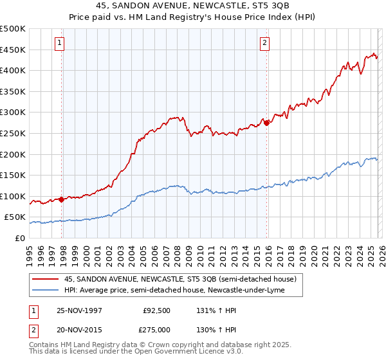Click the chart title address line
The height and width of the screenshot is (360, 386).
(192, 8)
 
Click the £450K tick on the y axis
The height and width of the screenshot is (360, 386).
(13, 50)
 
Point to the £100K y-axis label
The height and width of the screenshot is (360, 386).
(13, 196)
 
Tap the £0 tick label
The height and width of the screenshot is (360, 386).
(21, 238)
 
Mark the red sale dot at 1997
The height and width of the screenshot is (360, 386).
(62, 199)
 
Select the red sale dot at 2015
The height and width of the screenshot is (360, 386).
(266, 123)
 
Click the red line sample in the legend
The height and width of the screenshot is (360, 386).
(45, 279)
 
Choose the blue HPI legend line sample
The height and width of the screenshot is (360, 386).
(45, 290)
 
